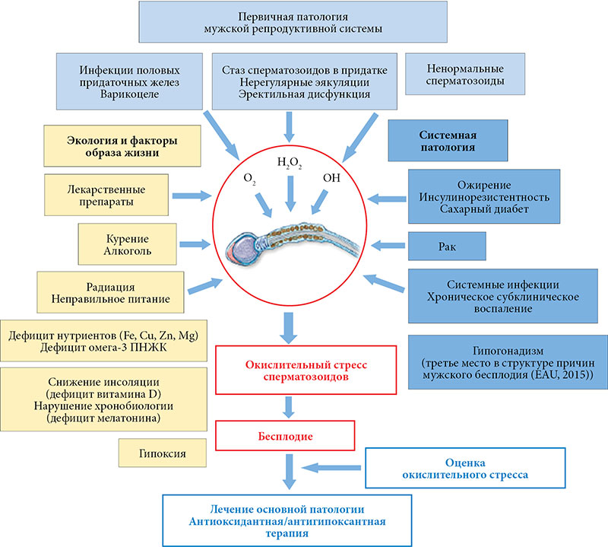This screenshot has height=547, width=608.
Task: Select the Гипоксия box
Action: [x=153, y=453]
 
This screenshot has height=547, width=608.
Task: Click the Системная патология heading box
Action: [x=448, y=140]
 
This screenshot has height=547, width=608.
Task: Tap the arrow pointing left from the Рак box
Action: [x=388, y=245]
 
